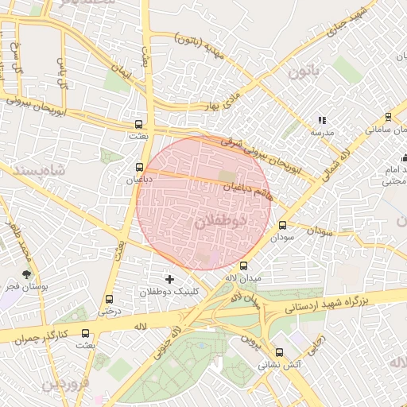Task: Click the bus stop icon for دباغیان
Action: tap(140, 168)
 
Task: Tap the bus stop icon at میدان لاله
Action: tap(243, 266)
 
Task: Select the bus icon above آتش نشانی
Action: tap(278, 352)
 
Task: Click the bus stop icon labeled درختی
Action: tap(109, 299)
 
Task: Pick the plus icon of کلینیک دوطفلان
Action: tap(169, 279)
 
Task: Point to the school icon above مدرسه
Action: tap(322, 120)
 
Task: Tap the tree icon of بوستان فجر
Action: tap(29, 274)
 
